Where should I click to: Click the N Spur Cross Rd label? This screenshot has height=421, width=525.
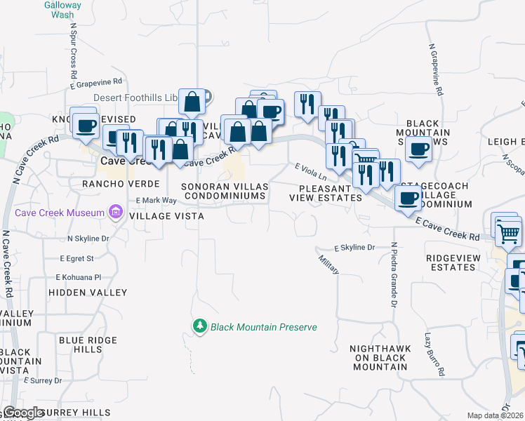pos(73,49)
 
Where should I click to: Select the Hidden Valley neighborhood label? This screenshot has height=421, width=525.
pos(88,292)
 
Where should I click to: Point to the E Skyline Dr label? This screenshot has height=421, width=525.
pos(355,248)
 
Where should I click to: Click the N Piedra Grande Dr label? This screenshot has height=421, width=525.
pos(394,274)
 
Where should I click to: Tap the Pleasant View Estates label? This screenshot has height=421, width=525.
pos(326,193)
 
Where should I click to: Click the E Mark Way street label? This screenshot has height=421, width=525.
pos(157,201)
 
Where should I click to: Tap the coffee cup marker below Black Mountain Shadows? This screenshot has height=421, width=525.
pos(419,150)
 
